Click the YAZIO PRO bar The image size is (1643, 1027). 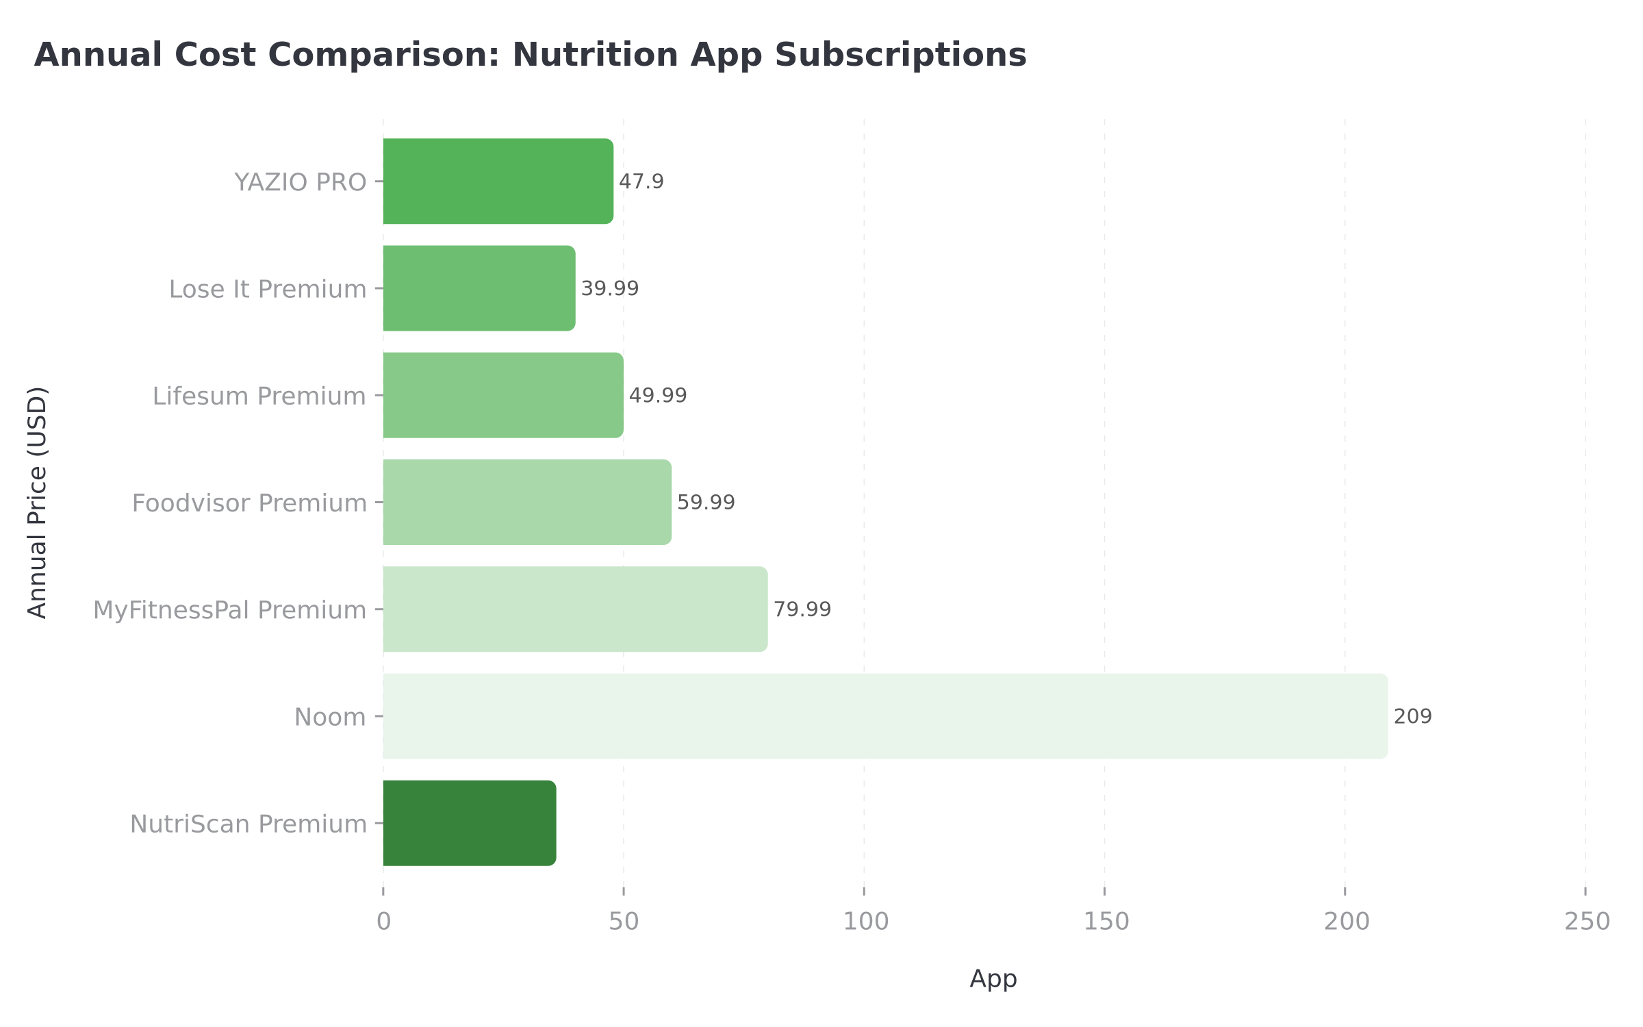click(498, 181)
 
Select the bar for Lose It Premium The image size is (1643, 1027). click(479, 288)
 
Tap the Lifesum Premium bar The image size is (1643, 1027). click(503, 395)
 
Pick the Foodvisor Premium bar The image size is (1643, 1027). click(527, 502)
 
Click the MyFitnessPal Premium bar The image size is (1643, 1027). click(575, 609)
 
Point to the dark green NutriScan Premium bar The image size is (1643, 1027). click(470, 823)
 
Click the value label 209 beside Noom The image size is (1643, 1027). click(1412, 716)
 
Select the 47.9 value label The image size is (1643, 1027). click(641, 181)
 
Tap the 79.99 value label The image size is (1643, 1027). click(802, 609)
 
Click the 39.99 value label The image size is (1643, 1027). click(609, 288)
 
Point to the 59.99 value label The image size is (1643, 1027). click(706, 502)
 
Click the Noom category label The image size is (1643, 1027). click(330, 717)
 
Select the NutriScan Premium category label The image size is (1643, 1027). click(249, 824)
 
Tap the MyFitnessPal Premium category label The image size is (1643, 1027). click(229, 609)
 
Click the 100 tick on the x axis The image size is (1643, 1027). click(865, 922)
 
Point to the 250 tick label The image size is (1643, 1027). click(1587, 922)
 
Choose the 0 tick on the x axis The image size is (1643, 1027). click(383, 922)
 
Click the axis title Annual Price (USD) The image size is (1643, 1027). click(38, 502)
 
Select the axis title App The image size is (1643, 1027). click(993, 978)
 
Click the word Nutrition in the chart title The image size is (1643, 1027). click(595, 55)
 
